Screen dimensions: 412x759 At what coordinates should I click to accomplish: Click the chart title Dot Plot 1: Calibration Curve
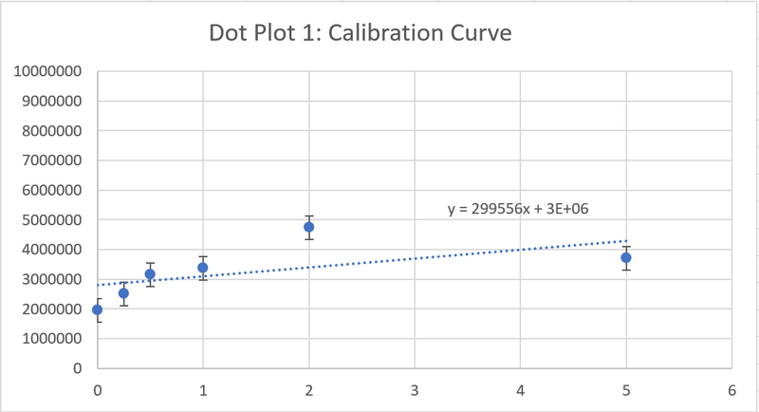click(361, 34)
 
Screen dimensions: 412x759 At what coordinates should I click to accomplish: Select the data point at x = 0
click(97, 309)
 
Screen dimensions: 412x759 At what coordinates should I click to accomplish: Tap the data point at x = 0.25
click(123, 293)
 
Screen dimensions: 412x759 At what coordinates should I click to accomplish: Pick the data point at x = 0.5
click(150, 274)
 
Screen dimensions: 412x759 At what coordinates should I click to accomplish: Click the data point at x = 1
click(203, 268)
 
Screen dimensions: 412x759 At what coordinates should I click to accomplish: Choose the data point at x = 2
click(309, 227)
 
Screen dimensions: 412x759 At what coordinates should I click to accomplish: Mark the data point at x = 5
click(626, 257)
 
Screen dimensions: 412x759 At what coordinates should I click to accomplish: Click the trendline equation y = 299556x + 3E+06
click(519, 209)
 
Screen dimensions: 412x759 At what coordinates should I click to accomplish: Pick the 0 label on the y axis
click(77, 367)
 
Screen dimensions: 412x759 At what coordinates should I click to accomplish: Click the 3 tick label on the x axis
click(415, 389)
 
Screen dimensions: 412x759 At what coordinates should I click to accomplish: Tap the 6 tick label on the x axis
click(731, 389)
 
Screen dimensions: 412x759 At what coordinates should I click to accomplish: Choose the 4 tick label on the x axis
click(520, 389)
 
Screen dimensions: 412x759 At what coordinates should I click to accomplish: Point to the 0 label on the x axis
click(97, 389)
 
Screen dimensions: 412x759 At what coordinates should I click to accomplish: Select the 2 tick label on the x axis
click(309, 389)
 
